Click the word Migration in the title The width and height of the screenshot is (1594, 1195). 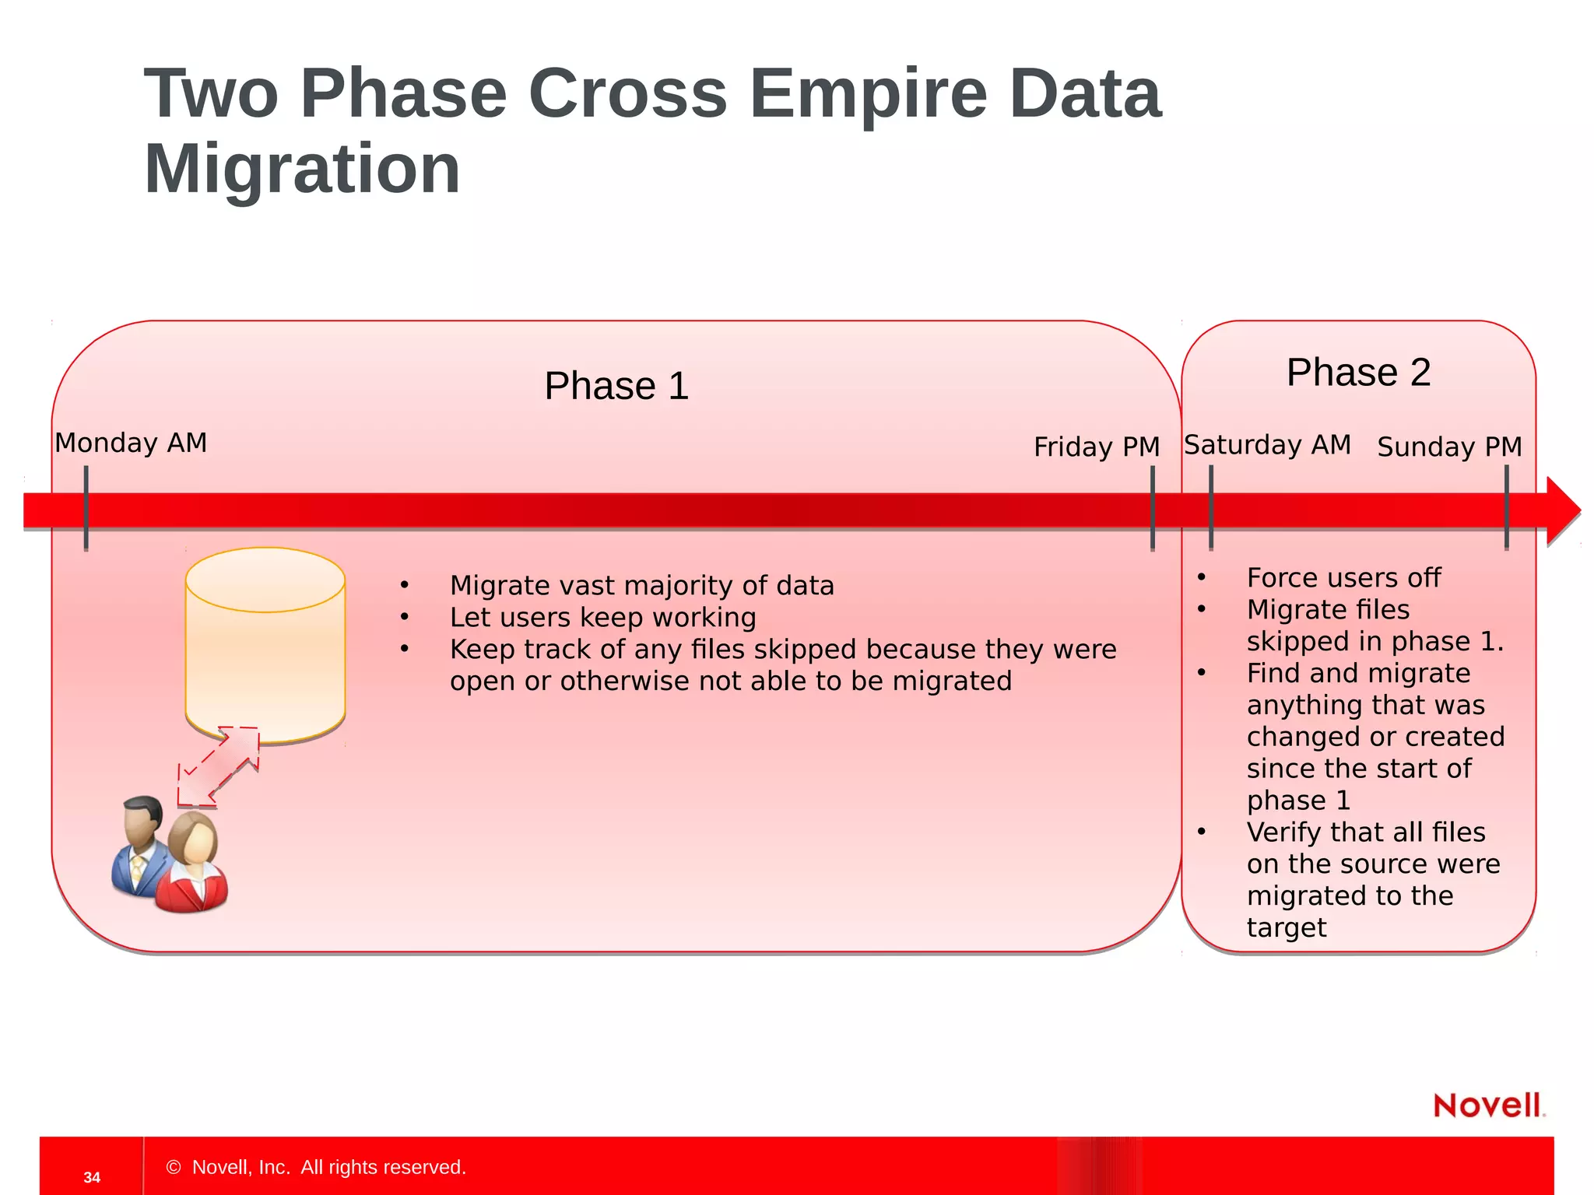302,170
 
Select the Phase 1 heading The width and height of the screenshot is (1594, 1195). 616,386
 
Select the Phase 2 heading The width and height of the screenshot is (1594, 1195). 1358,372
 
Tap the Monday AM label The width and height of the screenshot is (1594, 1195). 131,443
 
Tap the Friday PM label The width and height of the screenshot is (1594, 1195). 1096,447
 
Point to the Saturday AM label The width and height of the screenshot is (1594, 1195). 1267,445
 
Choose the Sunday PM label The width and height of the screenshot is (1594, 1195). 1449,447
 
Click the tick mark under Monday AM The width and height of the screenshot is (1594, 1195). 86,509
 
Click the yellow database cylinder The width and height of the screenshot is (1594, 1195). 265,646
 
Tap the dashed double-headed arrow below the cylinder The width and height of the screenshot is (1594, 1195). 219,766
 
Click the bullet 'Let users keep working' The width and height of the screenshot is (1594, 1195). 602,618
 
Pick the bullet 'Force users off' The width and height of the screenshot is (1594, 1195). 1343,578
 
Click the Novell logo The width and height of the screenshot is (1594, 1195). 1488,1105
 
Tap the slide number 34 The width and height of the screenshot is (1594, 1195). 92,1177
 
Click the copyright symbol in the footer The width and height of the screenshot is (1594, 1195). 174,1167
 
